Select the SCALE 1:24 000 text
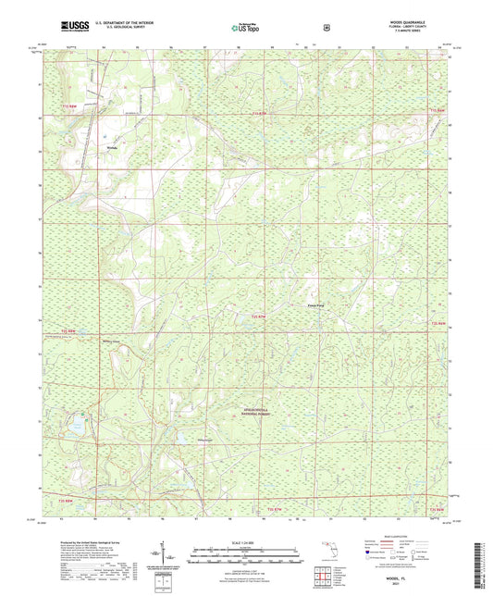click(246, 540)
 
